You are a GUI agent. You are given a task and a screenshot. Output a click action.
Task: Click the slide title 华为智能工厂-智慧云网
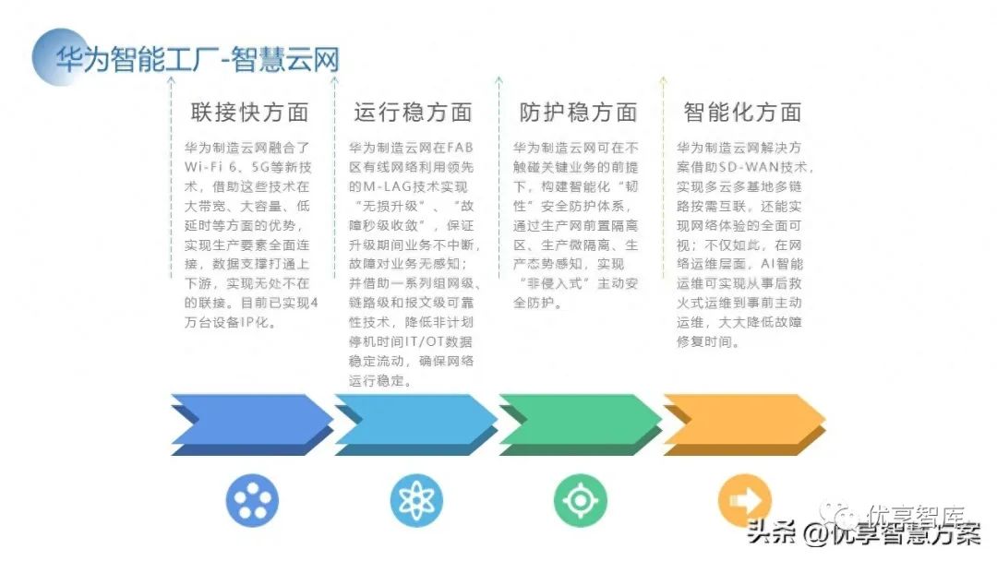(197, 59)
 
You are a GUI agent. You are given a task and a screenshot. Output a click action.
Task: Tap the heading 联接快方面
(249, 113)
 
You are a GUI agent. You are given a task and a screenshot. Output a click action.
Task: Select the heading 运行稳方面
(413, 113)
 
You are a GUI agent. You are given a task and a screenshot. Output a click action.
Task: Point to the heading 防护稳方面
(578, 113)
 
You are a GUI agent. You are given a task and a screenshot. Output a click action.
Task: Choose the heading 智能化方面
(742, 113)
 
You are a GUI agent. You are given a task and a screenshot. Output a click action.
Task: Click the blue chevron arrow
(252, 424)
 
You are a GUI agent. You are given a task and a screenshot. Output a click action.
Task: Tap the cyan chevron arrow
(415, 424)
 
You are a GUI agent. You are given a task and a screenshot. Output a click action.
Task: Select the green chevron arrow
(580, 424)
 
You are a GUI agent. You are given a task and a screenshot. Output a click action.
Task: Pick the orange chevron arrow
(744, 424)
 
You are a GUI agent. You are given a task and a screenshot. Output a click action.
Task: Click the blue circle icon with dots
(252, 501)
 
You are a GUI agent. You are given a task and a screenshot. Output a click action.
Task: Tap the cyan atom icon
(416, 501)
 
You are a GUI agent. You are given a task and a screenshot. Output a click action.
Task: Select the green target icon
(580, 501)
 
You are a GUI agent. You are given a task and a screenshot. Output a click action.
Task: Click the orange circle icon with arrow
(744, 501)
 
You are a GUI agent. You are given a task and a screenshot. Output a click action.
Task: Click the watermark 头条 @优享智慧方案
(863, 533)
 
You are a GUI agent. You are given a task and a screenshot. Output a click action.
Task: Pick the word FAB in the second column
(458, 148)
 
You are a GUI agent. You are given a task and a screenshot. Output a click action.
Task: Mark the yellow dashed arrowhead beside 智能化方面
(662, 82)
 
